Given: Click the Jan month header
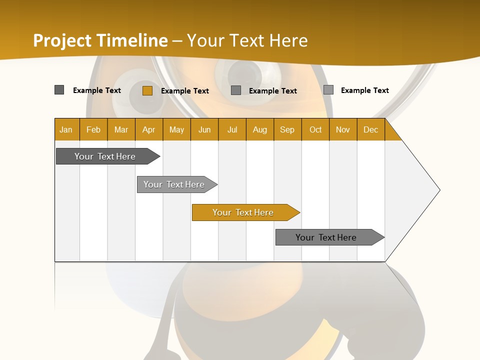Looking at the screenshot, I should click(x=66, y=129).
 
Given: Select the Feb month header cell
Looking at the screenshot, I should click(x=93, y=129).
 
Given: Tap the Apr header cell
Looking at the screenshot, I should click(x=149, y=129).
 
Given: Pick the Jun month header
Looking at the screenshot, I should click(x=204, y=129).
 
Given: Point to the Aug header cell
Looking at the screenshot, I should click(x=260, y=129).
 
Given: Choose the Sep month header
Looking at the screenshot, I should click(x=287, y=129).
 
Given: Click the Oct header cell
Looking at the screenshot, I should click(x=315, y=129).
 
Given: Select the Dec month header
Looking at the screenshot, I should click(x=371, y=129).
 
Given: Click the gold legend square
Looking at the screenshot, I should click(x=147, y=90).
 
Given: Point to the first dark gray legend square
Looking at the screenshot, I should click(x=59, y=90).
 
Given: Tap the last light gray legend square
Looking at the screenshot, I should click(x=328, y=90).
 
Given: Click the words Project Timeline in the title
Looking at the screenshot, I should click(x=100, y=40).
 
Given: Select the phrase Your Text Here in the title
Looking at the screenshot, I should click(x=247, y=40).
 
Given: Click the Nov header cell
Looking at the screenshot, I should click(x=343, y=129).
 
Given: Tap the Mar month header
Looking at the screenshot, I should click(x=121, y=129).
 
